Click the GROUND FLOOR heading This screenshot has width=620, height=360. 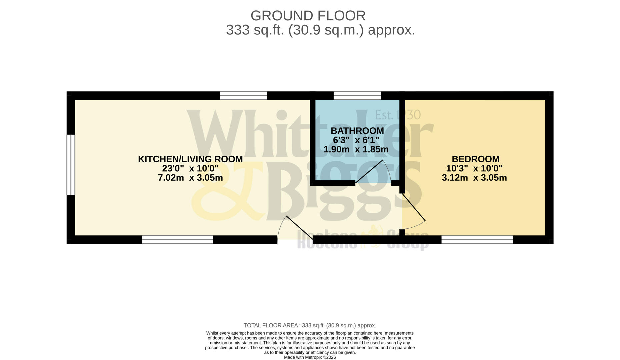[x=308, y=16]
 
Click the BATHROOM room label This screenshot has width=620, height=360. [x=357, y=131]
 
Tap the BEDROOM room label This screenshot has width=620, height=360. [x=475, y=159]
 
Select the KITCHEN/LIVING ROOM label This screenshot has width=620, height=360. [x=190, y=159]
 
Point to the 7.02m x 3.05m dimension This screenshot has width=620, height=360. [x=190, y=178]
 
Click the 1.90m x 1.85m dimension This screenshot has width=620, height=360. [x=356, y=149]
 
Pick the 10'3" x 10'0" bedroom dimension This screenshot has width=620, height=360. [x=474, y=168]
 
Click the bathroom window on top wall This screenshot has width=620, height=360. [x=357, y=96]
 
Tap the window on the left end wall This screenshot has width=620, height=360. [x=71, y=165]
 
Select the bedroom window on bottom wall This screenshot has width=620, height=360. [x=477, y=240]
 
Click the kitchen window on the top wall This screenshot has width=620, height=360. [x=243, y=96]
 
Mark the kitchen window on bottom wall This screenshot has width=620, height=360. [x=178, y=240]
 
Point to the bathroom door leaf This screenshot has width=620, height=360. [x=369, y=171]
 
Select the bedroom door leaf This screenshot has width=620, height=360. [x=413, y=207]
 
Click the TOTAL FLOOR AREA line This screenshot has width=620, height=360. [x=310, y=325]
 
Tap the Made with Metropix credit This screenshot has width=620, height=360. [x=310, y=357]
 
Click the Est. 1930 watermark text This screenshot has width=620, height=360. [x=398, y=115]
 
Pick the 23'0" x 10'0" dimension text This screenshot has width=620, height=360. [x=190, y=168]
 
